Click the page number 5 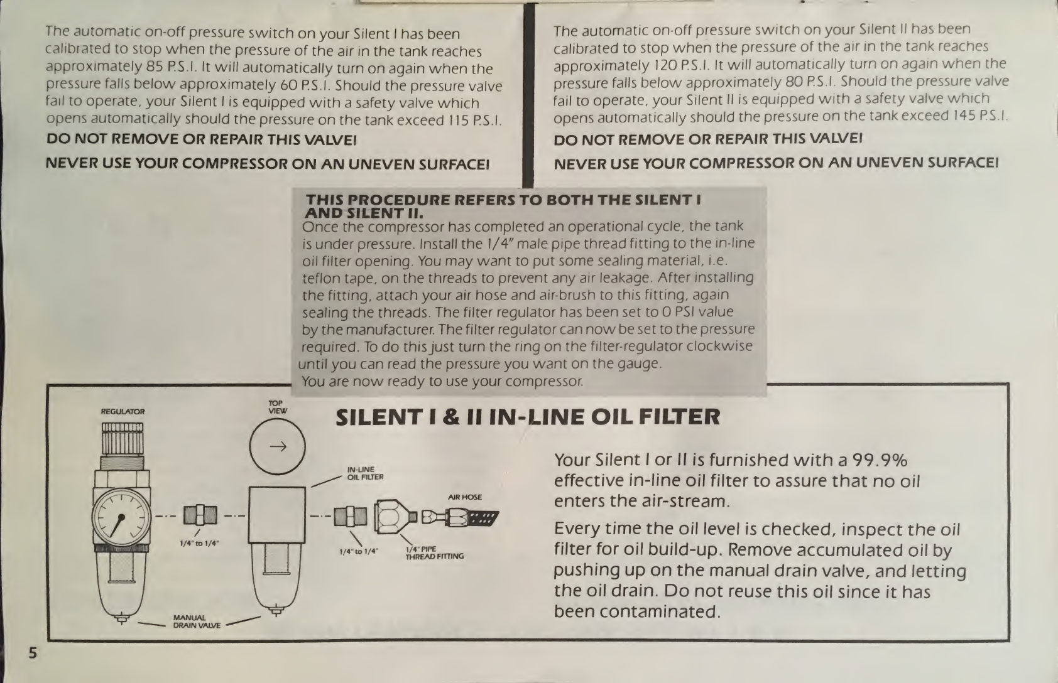[33, 653]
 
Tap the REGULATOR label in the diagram [123, 412]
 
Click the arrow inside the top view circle [278, 446]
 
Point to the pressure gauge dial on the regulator [121, 517]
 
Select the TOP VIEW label [278, 407]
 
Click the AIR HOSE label [465, 497]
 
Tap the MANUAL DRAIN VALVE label [197, 621]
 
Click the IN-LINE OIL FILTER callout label [365, 473]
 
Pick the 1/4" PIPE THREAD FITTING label [435, 552]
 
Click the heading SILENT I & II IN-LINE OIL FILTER [528, 417]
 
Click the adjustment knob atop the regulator [123, 439]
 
